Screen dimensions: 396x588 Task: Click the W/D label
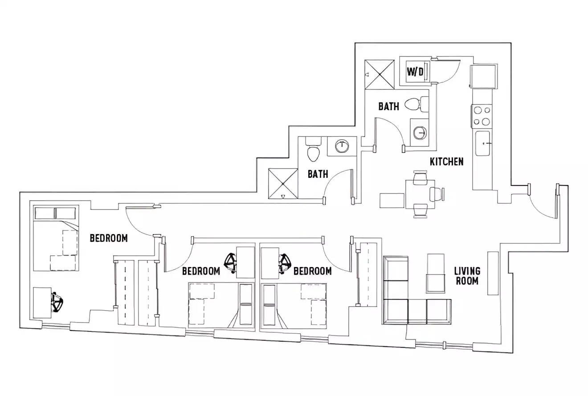415,72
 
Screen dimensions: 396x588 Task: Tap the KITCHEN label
446,162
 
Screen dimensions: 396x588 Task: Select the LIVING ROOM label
467,275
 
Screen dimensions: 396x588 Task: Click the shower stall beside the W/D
380,74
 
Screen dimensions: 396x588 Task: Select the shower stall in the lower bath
283,183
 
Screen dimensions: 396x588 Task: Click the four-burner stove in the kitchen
482,115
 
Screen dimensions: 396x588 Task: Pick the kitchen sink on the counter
482,143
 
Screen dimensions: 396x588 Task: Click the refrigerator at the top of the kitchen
483,76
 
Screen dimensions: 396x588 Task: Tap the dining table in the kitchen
420,194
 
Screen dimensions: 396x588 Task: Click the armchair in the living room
436,273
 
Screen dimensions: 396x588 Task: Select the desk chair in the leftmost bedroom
57,303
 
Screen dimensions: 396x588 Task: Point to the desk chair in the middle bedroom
231,262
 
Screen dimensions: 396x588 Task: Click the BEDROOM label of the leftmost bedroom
109,238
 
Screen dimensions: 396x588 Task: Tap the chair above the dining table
420,178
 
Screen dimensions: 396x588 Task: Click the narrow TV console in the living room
493,273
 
